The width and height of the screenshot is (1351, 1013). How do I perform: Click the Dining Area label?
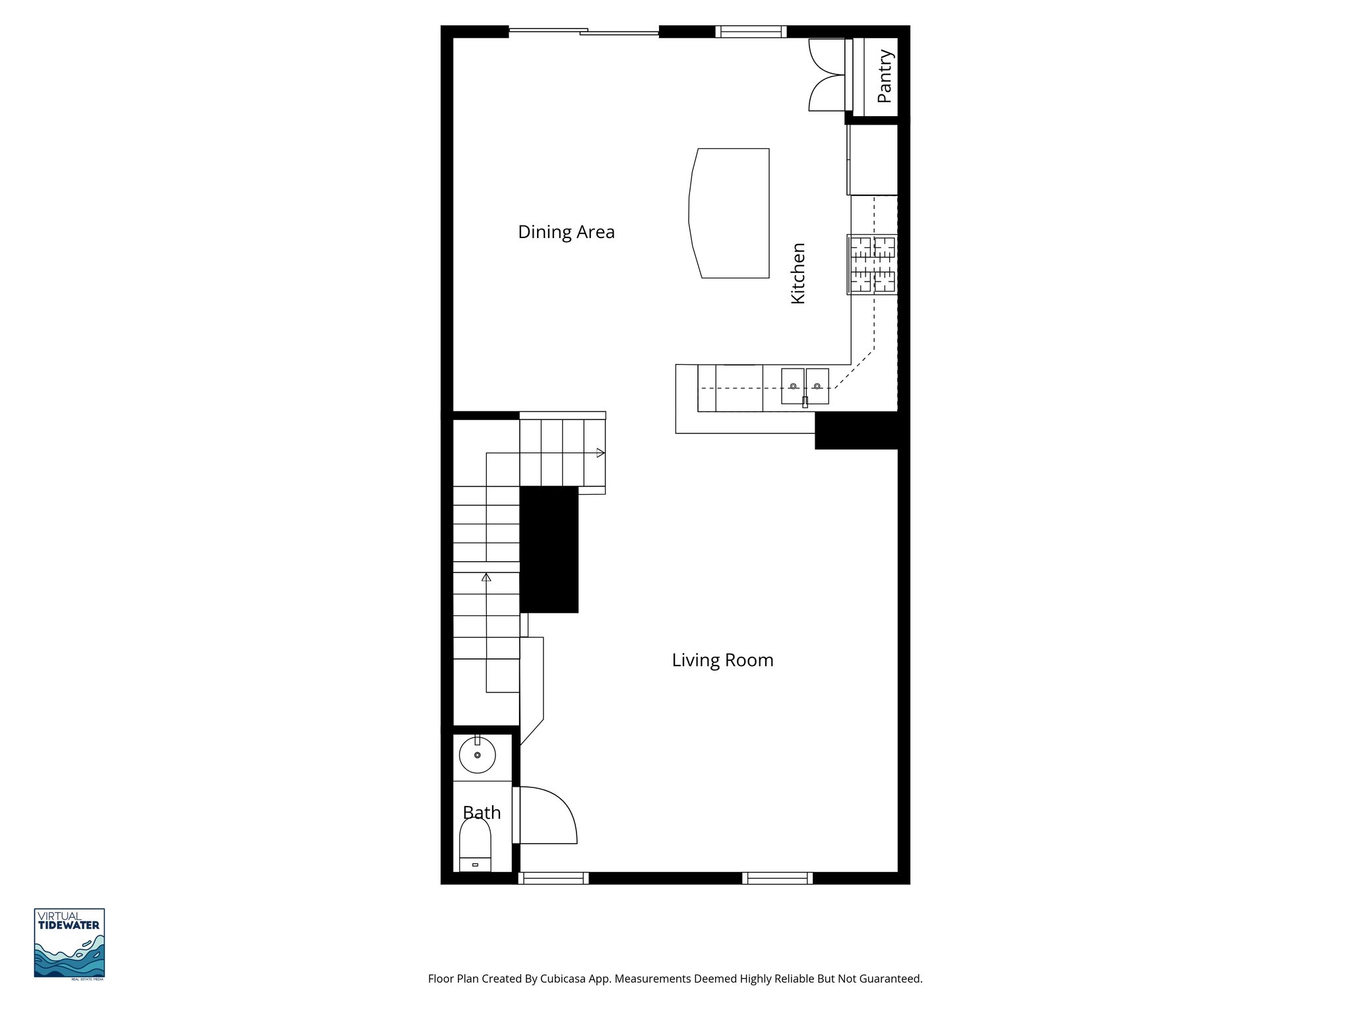click(x=566, y=232)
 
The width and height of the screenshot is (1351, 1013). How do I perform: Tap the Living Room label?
click(x=722, y=660)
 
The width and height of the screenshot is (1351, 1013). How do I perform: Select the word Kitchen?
click(x=798, y=273)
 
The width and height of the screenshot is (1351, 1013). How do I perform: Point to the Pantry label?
click(x=885, y=77)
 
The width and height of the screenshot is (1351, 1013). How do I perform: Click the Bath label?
click(x=482, y=813)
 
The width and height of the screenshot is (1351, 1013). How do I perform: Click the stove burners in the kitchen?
click(x=872, y=264)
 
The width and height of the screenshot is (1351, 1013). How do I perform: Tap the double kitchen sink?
click(x=805, y=386)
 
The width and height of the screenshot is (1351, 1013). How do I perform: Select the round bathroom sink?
click(x=477, y=755)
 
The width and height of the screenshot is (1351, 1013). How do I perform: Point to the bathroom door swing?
click(x=546, y=816)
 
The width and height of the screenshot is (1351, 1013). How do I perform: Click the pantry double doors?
click(x=827, y=75)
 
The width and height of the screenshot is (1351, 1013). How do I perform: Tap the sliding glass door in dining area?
click(x=584, y=30)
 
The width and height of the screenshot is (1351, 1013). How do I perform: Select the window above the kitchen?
click(x=751, y=31)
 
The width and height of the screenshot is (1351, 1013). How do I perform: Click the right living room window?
click(x=777, y=878)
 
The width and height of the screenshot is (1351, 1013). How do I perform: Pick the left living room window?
click(x=553, y=878)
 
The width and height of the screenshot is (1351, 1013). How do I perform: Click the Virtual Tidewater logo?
click(x=69, y=943)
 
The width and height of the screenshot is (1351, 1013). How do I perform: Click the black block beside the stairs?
click(x=549, y=549)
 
